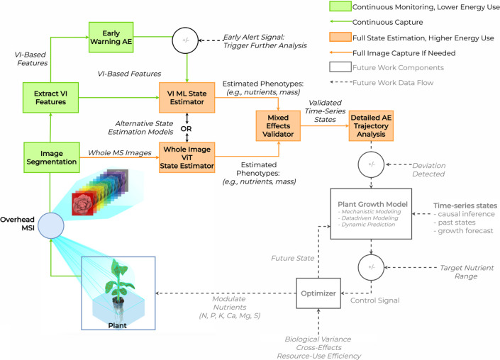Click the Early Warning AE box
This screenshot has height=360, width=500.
[x=111, y=38]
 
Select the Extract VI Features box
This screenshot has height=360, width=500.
[x=50, y=98]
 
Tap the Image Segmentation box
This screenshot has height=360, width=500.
[x=52, y=157]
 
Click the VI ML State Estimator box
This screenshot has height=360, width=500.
[x=187, y=98]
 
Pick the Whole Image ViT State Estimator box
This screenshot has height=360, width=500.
[x=187, y=157]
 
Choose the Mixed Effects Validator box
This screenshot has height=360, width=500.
[x=278, y=126]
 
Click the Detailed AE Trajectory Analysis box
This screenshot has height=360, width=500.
[x=371, y=126]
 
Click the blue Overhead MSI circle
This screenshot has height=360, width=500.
[x=50, y=225]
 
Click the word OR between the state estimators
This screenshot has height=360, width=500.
[x=187, y=129]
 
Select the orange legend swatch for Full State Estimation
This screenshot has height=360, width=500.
[x=340, y=37]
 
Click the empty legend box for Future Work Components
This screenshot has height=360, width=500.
[x=340, y=67]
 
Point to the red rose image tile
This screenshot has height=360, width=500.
[x=82, y=204]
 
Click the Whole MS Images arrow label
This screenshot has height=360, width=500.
[x=120, y=152]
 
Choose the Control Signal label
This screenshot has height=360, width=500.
[x=375, y=300]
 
